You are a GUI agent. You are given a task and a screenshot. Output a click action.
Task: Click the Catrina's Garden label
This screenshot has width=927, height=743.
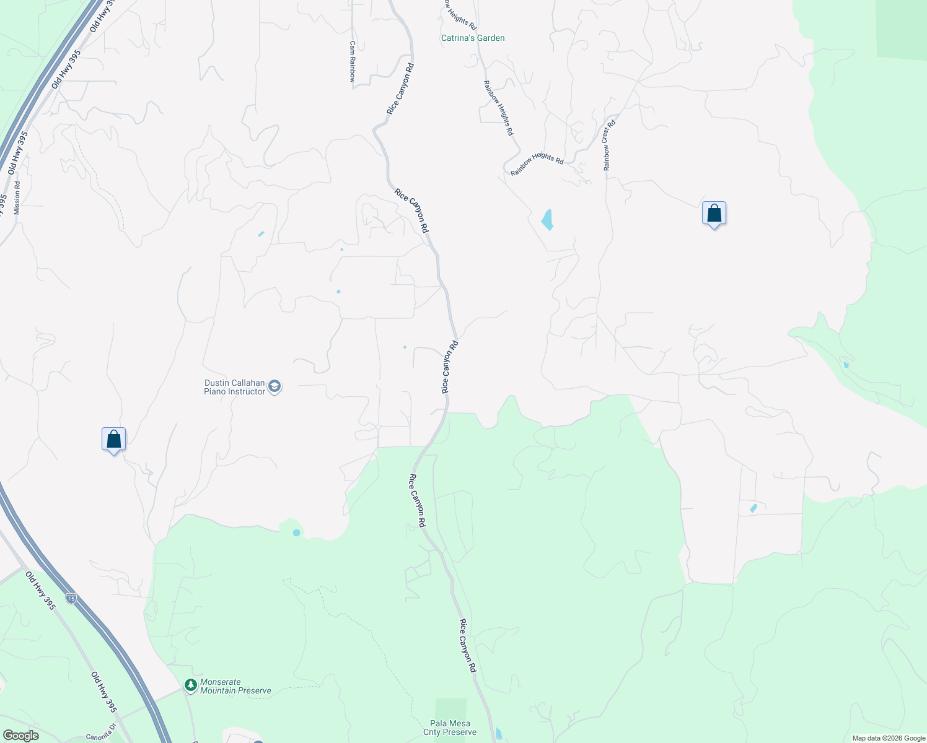(473, 38)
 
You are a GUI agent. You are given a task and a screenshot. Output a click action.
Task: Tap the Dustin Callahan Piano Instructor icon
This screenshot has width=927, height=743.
(275, 387)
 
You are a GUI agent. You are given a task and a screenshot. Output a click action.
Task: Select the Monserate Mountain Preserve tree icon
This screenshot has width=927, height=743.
(191, 685)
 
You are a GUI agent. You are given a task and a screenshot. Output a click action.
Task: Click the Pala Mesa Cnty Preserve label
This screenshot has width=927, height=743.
(450, 728)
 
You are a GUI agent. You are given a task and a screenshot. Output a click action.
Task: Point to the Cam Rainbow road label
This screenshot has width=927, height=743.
(352, 62)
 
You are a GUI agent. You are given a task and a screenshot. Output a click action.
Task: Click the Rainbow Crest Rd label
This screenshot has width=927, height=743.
(609, 146)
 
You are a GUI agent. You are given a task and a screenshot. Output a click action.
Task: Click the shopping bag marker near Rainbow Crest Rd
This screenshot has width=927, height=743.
(714, 214)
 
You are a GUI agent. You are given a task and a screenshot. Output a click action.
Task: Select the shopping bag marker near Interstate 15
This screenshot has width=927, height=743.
(113, 440)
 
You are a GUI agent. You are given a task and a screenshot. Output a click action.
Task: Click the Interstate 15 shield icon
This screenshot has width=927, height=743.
(72, 598)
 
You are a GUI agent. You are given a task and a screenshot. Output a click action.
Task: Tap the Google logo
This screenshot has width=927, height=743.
(20, 736)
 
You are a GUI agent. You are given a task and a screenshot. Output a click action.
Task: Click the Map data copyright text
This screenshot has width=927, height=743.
(889, 738)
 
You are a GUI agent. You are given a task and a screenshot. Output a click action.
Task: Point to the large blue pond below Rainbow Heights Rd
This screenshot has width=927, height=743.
(547, 219)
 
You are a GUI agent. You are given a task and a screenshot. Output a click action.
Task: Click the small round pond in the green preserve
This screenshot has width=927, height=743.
(296, 532)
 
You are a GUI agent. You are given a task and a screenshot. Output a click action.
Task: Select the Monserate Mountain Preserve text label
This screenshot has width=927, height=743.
(235, 686)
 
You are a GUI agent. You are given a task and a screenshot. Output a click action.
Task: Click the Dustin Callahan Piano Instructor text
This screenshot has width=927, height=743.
(234, 387)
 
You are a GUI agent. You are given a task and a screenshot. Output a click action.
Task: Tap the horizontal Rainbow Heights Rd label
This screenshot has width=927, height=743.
(537, 163)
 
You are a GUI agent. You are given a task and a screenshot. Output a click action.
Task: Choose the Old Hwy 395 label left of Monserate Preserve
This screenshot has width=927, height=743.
(103, 692)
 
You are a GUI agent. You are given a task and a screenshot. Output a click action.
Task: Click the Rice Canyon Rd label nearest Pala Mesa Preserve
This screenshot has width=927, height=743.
(468, 645)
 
